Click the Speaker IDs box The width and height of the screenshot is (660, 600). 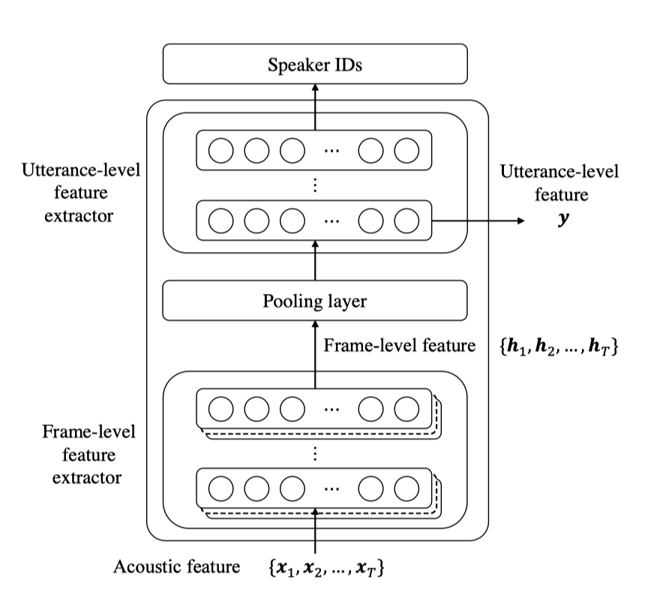pos(315,64)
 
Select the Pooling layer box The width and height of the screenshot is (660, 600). pos(315,301)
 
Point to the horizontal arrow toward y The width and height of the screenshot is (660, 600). pos(480,220)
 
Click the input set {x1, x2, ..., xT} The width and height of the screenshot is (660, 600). pos(326,568)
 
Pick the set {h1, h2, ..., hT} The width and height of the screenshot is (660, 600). pos(559,346)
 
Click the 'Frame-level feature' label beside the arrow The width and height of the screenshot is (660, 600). pos(400,346)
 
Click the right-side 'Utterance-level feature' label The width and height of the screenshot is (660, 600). pos(559,184)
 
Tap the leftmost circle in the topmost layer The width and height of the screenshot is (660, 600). pos(220,151)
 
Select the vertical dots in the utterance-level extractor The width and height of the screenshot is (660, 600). pos(315,185)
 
